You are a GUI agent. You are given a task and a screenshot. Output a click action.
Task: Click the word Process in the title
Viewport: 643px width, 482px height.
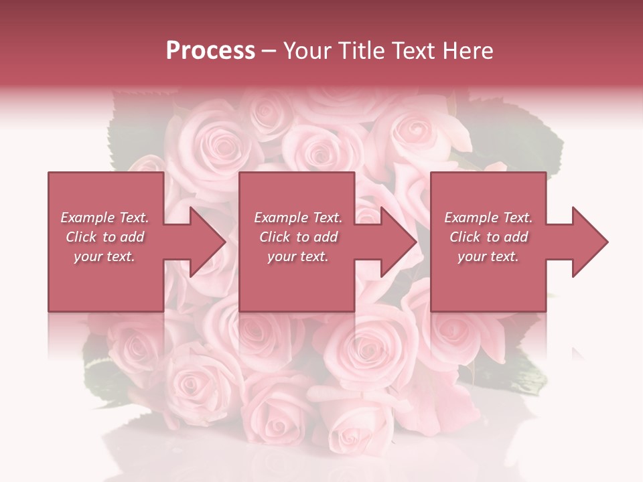(x=210, y=51)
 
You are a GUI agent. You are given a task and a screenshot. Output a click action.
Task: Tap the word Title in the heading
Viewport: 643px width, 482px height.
(x=362, y=51)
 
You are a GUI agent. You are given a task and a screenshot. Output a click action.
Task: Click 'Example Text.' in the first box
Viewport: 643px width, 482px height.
(x=105, y=218)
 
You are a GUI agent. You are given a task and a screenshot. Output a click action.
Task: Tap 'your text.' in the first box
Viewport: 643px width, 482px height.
(x=105, y=256)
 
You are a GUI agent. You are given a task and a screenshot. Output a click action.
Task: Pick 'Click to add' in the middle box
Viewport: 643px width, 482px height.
(x=297, y=237)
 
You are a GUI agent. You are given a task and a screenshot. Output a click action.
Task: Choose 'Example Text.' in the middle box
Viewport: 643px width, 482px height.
(x=297, y=218)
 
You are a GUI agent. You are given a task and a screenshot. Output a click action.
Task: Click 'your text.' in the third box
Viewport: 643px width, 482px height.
(x=488, y=256)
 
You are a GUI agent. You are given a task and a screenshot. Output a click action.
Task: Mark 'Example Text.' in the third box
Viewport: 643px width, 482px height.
(x=488, y=218)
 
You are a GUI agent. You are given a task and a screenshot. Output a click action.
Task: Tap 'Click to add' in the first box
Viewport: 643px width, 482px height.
(x=105, y=237)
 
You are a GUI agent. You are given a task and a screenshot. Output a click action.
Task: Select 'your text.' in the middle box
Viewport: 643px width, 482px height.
(x=297, y=256)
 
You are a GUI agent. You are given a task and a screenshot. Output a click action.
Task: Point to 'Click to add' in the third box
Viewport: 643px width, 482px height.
(x=488, y=237)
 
